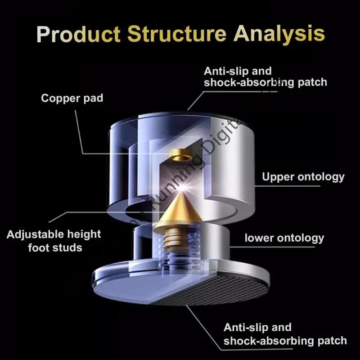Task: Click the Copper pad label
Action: point(72,98)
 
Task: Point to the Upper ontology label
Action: point(303,177)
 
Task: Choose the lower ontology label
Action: point(284,237)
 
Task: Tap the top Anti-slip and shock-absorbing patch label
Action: point(265,76)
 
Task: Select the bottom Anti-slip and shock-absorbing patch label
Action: point(285,334)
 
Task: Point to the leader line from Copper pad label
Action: point(82,135)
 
